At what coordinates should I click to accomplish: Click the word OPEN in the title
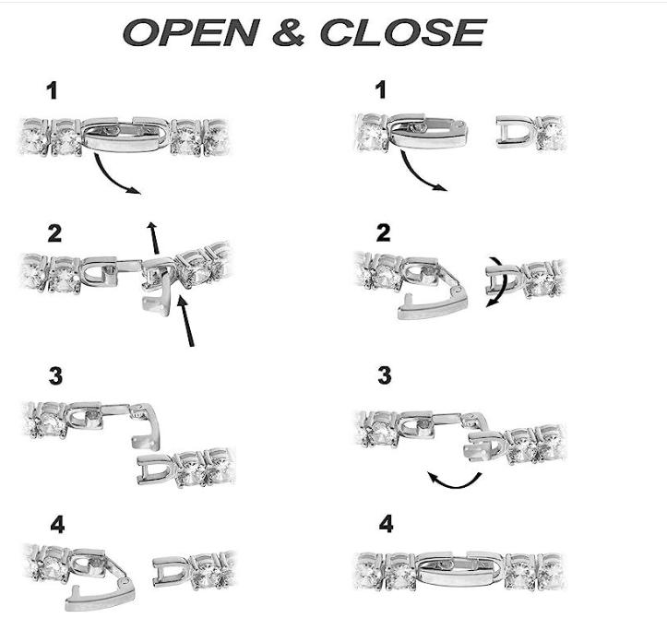pyautogui.click(x=191, y=32)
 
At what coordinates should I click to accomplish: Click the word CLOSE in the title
pyautogui.click(x=403, y=32)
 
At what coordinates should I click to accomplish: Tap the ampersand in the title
pyautogui.click(x=290, y=32)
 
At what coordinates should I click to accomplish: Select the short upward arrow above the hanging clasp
pyautogui.click(x=153, y=237)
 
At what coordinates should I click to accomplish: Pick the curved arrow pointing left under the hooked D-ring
pyautogui.click(x=454, y=481)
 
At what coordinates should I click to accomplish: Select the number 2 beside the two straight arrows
pyautogui.click(x=54, y=234)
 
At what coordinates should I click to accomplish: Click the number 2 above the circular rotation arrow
pyautogui.click(x=383, y=232)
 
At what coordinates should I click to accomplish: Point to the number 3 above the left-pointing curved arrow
pyautogui.click(x=384, y=375)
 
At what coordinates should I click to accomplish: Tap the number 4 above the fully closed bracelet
pyautogui.click(x=386, y=524)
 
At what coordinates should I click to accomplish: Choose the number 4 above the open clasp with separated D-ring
pyautogui.click(x=57, y=525)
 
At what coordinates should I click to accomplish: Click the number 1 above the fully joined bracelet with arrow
pyautogui.click(x=52, y=90)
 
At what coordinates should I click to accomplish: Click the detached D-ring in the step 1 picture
pyautogui.click(x=515, y=132)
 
